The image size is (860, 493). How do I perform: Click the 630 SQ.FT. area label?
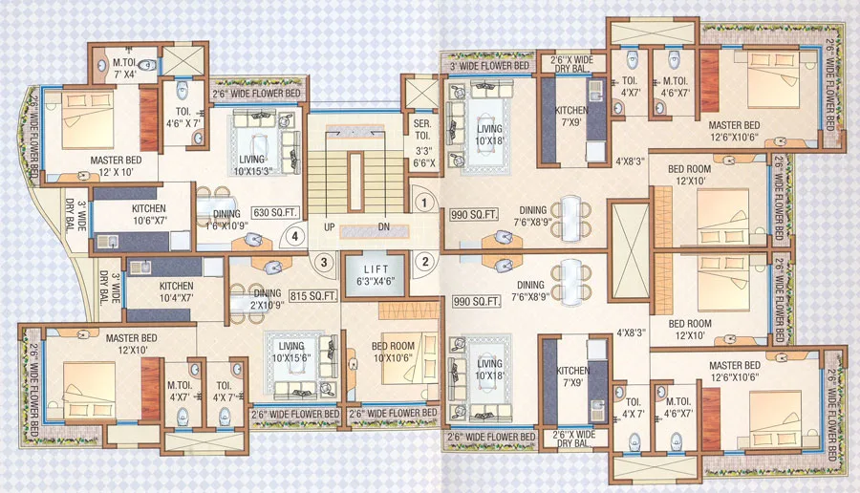[x=272, y=212]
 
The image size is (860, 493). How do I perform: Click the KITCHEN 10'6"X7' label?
[x=149, y=214]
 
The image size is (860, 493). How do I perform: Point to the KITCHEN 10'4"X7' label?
[x=177, y=291]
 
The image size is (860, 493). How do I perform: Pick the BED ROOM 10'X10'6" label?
[x=391, y=352]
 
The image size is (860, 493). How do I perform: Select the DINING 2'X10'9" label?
[x=267, y=300]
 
